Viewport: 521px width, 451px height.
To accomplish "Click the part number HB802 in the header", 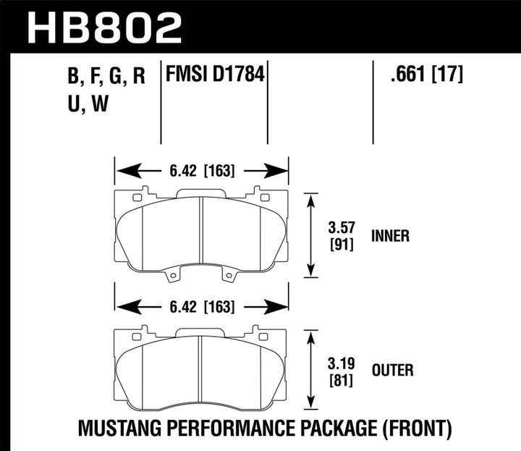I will (x=104, y=27).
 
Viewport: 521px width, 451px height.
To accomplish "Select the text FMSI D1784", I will (x=214, y=75).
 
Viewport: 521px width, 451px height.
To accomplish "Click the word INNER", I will (x=391, y=236).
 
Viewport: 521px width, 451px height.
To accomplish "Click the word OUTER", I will (x=391, y=371).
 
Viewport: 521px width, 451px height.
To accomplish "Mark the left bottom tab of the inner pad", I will (x=173, y=276).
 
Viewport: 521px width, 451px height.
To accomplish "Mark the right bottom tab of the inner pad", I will (x=229, y=276).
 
